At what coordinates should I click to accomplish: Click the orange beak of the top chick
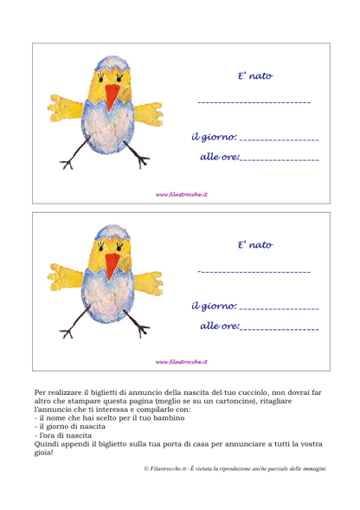(x=112, y=96)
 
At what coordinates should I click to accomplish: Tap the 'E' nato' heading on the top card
(x=255, y=76)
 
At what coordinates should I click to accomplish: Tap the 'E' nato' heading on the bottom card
(x=255, y=245)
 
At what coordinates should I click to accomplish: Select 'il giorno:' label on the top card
(x=214, y=138)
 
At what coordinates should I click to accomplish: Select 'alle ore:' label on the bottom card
(x=220, y=326)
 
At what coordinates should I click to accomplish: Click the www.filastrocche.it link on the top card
(x=182, y=195)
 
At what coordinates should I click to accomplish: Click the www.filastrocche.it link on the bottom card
(x=182, y=362)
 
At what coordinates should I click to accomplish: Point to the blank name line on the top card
(x=254, y=102)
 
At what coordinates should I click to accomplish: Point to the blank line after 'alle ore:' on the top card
(x=280, y=160)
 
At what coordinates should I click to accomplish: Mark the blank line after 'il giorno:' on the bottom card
(x=280, y=308)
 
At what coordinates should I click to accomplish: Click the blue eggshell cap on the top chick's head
(x=112, y=63)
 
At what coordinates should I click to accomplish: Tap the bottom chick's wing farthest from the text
(x=65, y=277)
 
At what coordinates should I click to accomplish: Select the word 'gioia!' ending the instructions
(x=43, y=453)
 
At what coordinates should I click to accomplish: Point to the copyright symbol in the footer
(x=146, y=468)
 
